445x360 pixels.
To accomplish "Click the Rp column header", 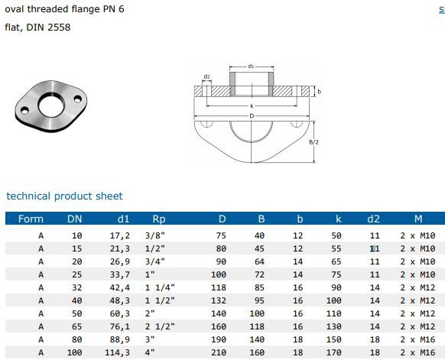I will (159, 219).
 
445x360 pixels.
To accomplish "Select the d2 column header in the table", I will (374, 219).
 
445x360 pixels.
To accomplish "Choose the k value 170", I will (336, 352).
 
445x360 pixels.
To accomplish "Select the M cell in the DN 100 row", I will (417, 352).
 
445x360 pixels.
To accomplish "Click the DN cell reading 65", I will (75, 326).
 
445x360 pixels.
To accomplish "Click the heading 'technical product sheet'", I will (64, 196).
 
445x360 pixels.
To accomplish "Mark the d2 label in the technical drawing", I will (206, 76).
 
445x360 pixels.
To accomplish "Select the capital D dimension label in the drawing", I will (252, 115).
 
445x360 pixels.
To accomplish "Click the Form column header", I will (31, 219).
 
